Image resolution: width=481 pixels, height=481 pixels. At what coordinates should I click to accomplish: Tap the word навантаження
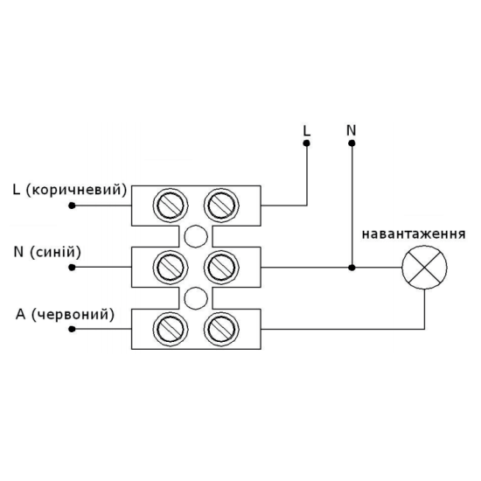414,234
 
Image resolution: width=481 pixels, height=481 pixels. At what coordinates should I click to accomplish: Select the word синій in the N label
55,252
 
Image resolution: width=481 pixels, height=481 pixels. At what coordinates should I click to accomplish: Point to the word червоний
73,315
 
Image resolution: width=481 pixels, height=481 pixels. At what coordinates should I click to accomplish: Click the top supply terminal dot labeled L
306,143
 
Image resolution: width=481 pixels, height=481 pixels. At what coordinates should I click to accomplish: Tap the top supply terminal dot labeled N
352,143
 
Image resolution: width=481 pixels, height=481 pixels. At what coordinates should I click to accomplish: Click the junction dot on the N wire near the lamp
352,268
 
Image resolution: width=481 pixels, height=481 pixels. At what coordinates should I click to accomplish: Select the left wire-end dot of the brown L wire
72,206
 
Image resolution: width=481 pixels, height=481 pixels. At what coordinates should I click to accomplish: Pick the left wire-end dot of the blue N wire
72,268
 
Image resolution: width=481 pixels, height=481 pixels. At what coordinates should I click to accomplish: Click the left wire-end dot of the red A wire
72,329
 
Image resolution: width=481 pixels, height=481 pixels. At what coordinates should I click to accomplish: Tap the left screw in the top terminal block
171,206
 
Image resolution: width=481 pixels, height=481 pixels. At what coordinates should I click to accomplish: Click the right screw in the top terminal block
221,206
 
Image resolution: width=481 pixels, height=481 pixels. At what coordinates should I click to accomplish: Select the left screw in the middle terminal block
171,268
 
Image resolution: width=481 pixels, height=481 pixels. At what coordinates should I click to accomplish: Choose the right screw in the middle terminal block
221,268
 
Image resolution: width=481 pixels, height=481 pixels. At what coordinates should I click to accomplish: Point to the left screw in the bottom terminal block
171,329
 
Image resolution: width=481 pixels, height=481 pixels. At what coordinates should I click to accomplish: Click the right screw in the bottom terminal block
221,329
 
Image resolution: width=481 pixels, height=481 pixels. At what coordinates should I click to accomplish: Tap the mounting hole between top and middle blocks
196,236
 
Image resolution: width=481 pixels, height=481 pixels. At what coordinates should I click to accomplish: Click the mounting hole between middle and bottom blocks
196,298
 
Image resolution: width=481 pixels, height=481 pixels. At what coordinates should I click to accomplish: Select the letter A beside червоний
21,315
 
